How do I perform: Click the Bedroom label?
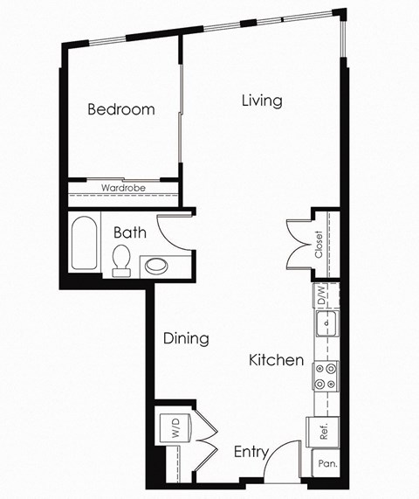tap(121, 110)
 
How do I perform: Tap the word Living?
tap(262, 100)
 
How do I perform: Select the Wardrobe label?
tap(122, 188)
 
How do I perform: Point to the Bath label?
tap(129, 233)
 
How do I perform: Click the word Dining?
tap(186, 338)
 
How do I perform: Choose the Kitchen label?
tap(276, 360)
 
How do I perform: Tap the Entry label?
tap(250, 452)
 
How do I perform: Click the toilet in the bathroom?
tap(121, 260)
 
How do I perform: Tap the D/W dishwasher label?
tap(322, 295)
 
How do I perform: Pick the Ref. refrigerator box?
tap(322, 430)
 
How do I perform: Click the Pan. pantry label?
tap(327, 464)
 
